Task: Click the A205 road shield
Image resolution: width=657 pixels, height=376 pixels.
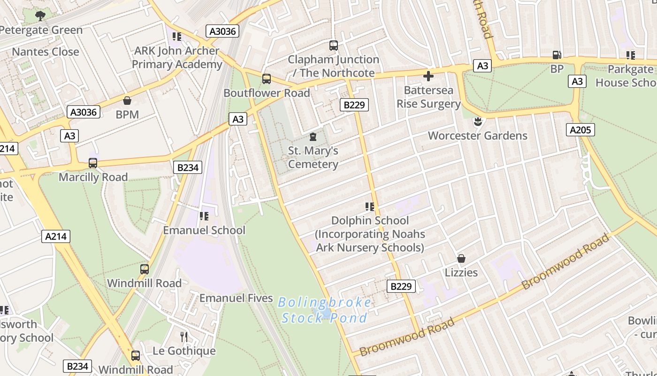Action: pyautogui.click(x=581, y=130)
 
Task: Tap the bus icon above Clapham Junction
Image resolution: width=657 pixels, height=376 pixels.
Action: pyautogui.click(x=334, y=46)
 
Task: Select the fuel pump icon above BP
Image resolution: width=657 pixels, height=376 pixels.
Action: pyautogui.click(x=557, y=55)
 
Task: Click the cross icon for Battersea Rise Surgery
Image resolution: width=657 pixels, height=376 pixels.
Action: pyautogui.click(x=428, y=76)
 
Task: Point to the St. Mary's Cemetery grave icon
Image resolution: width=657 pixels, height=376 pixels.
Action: pyautogui.click(x=313, y=137)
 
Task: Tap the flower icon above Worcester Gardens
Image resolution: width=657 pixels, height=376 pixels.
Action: pyautogui.click(x=478, y=122)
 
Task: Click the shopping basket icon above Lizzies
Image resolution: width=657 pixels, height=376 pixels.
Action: pyautogui.click(x=461, y=258)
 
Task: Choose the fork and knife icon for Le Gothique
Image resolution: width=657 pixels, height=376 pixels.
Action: pyautogui.click(x=184, y=337)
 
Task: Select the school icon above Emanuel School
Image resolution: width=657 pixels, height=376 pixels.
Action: pyautogui.click(x=204, y=216)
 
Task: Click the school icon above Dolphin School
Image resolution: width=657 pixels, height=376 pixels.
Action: pyautogui.click(x=369, y=207)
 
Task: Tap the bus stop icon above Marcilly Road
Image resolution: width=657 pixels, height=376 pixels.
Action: pyautogui.click(x=93, y=163)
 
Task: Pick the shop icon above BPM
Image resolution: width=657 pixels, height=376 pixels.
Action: pyautogui.click(x=127, y=101)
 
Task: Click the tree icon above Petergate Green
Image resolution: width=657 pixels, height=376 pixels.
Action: pyautogui.click(x=41, y=16)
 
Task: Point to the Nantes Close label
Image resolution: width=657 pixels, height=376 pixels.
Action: pyautogui.click(x=46, y=52)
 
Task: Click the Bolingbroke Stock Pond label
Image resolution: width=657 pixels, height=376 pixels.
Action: pyautogui.click(x=325, y=310)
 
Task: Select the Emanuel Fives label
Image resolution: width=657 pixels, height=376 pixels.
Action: pyautogui.click(x=236, y=298)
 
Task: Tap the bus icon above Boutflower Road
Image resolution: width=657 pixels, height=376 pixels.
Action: pyautogui.click(x=267, y=79)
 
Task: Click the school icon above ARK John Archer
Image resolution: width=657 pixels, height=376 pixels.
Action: pyautogui.click(x=176, y=37)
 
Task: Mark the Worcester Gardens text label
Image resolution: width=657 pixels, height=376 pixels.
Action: pyautogui.click(x=478, y=136)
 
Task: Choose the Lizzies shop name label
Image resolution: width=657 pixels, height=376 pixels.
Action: pyautogui.click(x=461, y=273)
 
